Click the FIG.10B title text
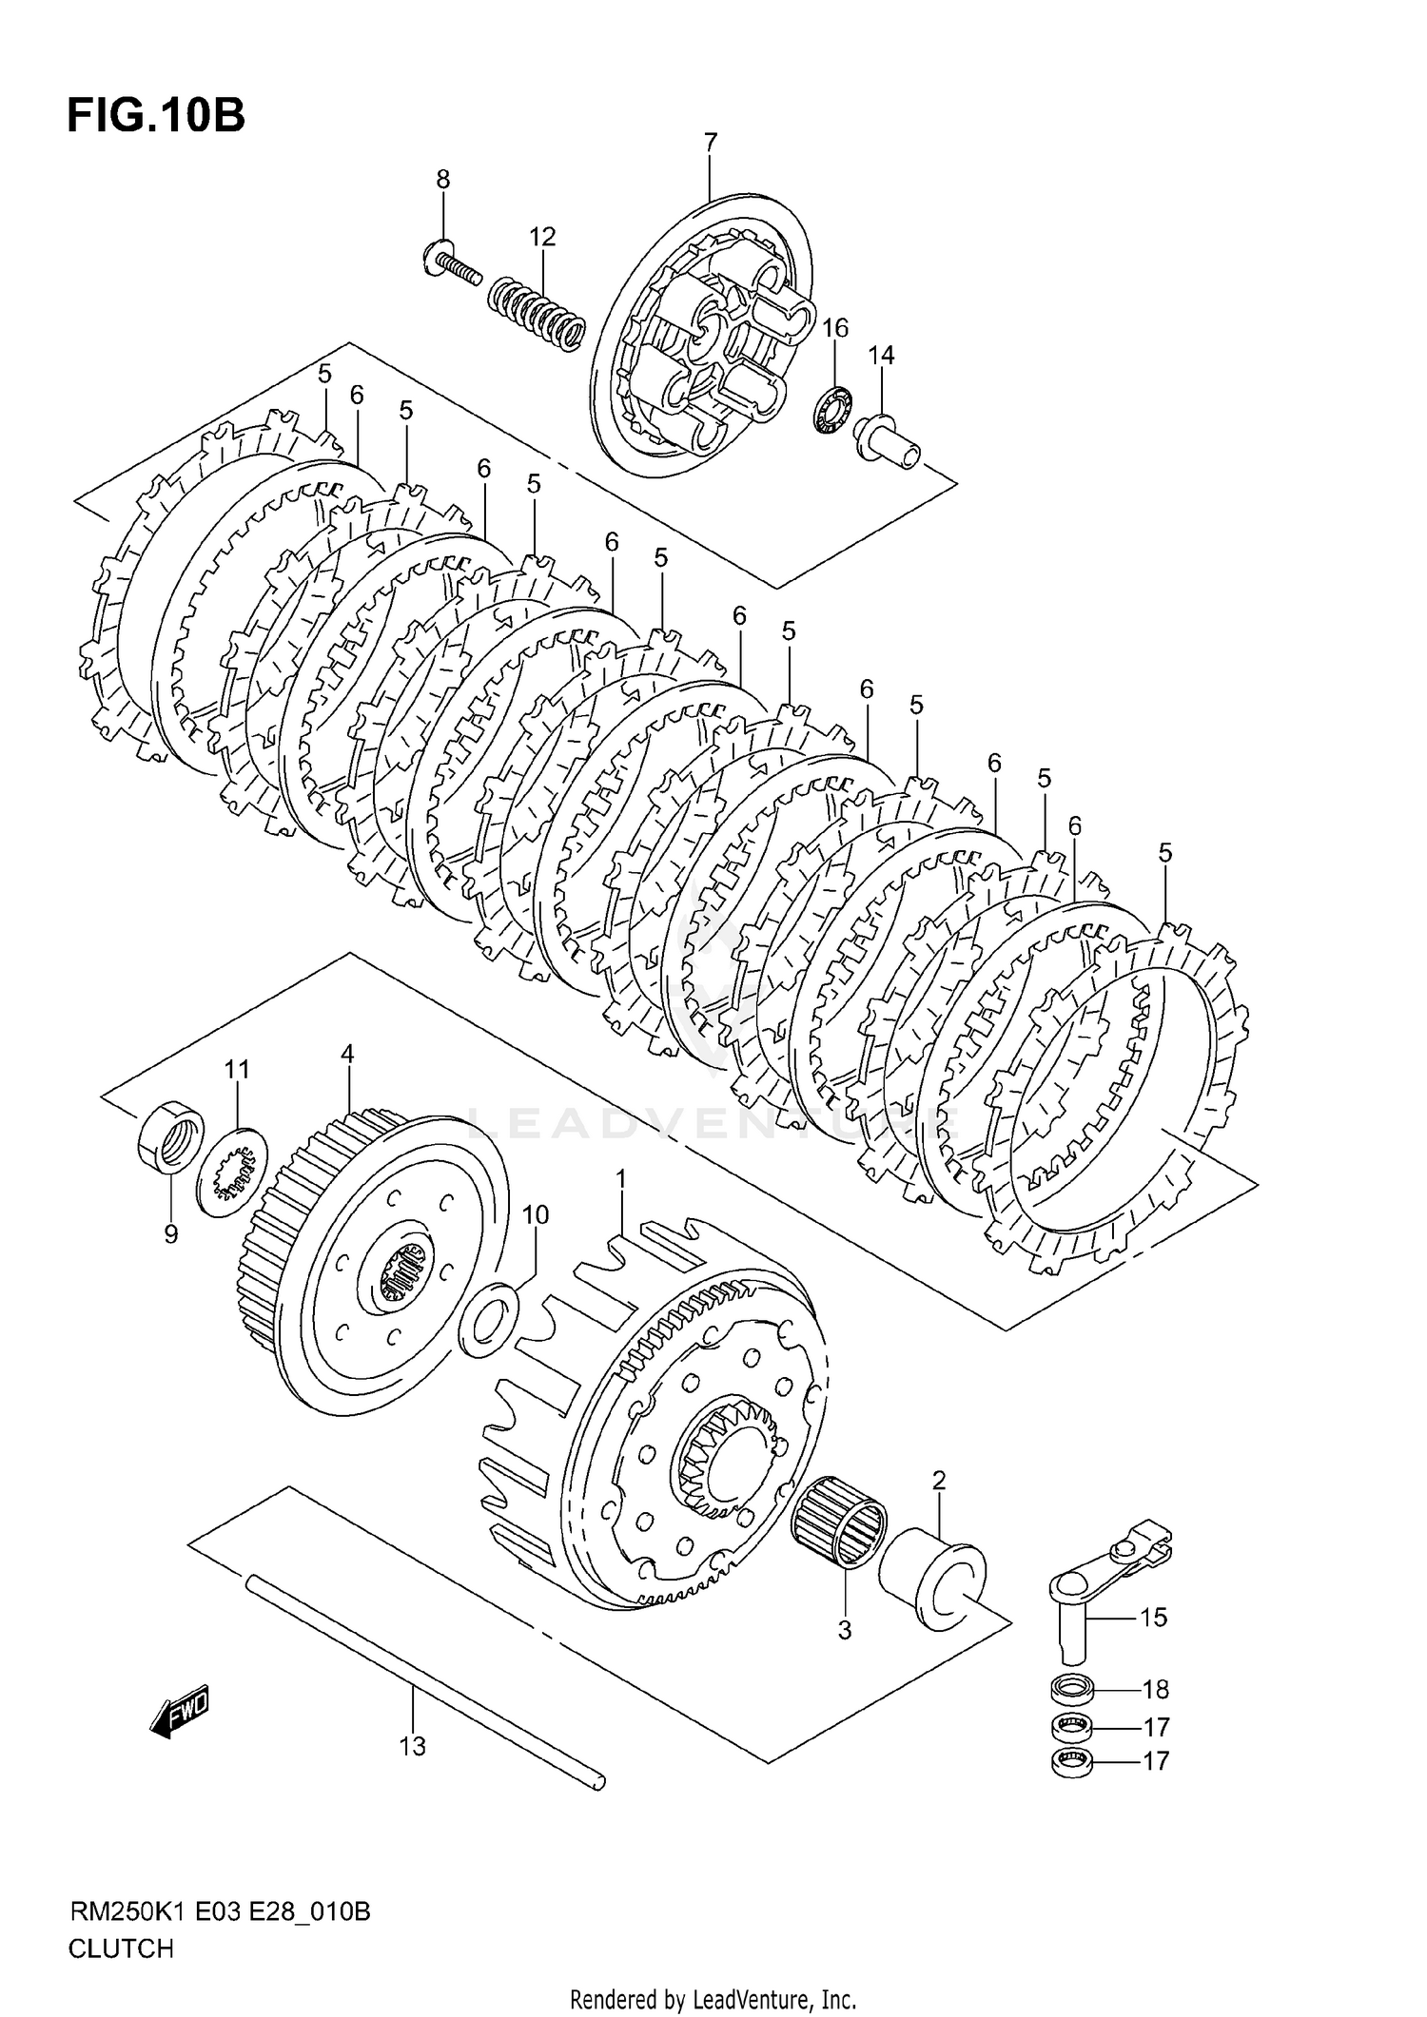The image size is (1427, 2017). (156, 116)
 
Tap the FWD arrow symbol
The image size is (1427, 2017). (180, 1716)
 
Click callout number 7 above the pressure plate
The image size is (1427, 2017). (711, 143)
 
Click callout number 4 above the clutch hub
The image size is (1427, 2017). (347, 1054)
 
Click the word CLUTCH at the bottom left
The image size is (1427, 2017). (121, 1949)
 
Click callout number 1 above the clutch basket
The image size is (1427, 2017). (620, 1179)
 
